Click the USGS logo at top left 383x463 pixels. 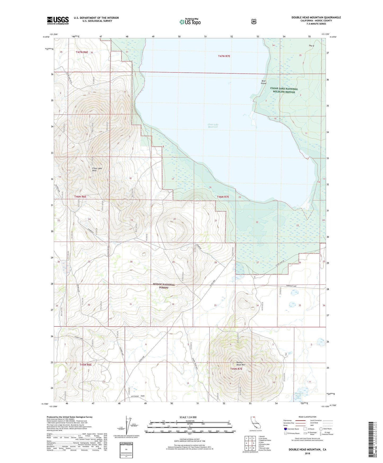point(58,20)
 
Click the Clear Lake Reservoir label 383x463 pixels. point(213,126)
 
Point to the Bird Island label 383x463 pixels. point(263,82)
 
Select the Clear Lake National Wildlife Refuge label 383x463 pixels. point(284,90)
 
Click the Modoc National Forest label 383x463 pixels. point(164,286)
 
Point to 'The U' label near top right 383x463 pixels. point(311,46)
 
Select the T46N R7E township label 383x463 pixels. point(223,197)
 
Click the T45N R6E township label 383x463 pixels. point(85,365)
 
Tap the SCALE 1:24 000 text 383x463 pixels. point(188,417)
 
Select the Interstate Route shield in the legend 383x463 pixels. point(285,429)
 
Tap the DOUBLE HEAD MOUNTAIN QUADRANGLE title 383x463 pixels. point(316,18)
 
